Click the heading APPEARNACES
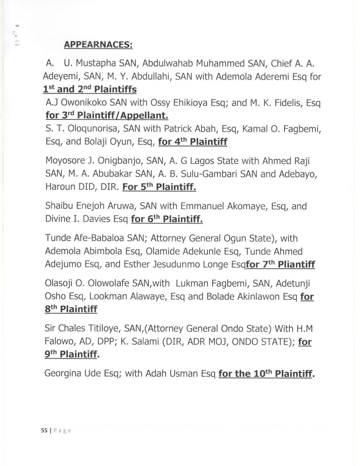point(98,45)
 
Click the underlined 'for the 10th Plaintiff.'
point(266,374)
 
